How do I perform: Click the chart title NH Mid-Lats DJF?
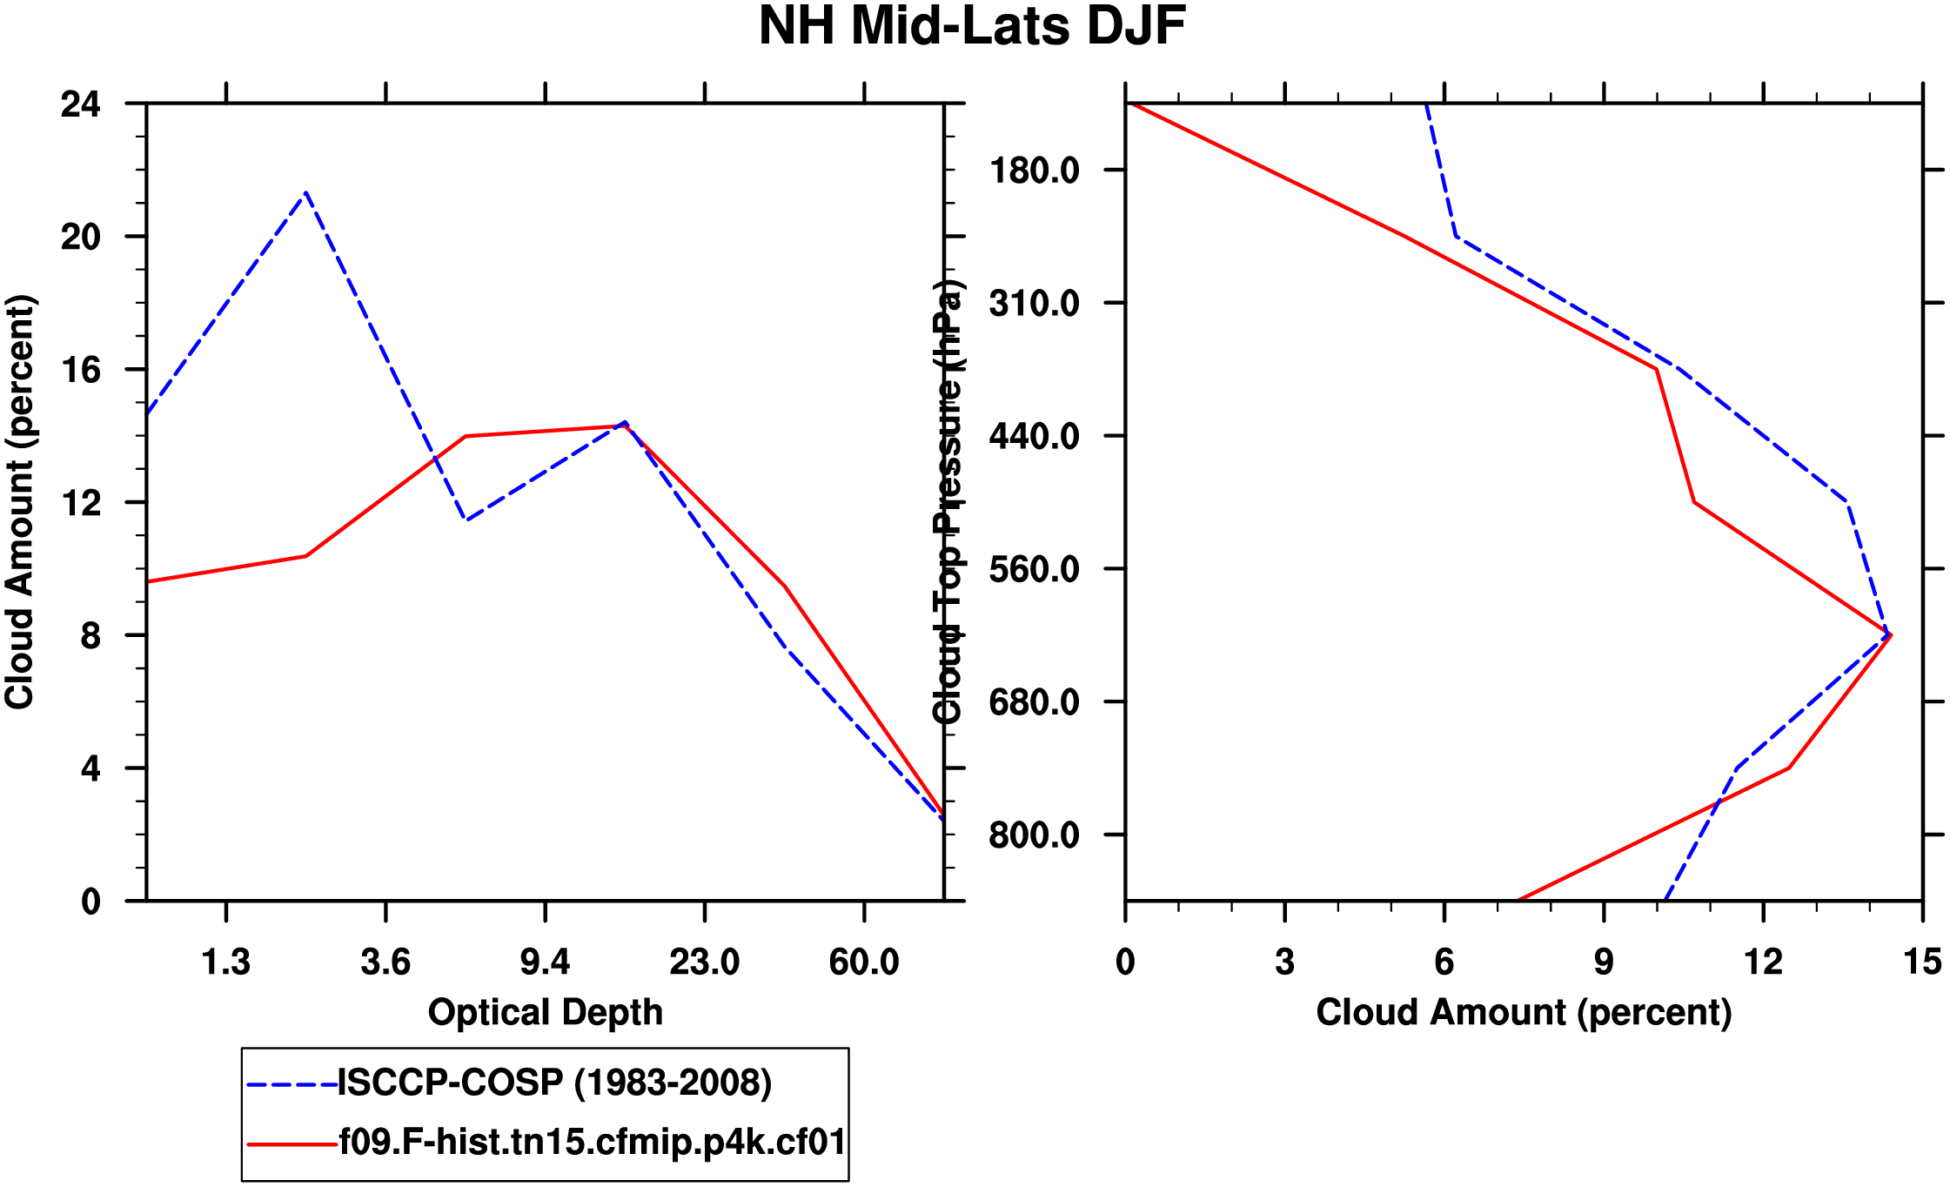(972, 26)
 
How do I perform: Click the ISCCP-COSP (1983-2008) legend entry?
(554, 1083)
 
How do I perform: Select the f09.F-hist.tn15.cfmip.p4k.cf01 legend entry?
(592, 1142)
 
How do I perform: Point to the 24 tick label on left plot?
(80, 104)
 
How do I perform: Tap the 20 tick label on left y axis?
(80, 237)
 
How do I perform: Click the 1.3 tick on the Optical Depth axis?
(226, 962)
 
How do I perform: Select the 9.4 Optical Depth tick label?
(545, 962)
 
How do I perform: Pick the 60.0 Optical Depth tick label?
(863, 962)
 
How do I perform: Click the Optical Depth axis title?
(546, 1013)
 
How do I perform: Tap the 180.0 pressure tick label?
(1034, 171)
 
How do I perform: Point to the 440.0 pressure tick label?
(1034, 436)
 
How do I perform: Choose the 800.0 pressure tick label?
(1034, 835)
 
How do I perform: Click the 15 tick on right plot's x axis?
(1922, 962)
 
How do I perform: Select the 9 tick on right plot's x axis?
(1604, 962)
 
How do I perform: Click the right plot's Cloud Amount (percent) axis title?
(1524, 1013)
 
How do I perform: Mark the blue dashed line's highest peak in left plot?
(305, 192)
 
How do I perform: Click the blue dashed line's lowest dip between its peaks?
(466, 520)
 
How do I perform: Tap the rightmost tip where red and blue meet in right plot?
(1889, 635)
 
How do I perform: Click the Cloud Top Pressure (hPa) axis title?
(948, 502)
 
